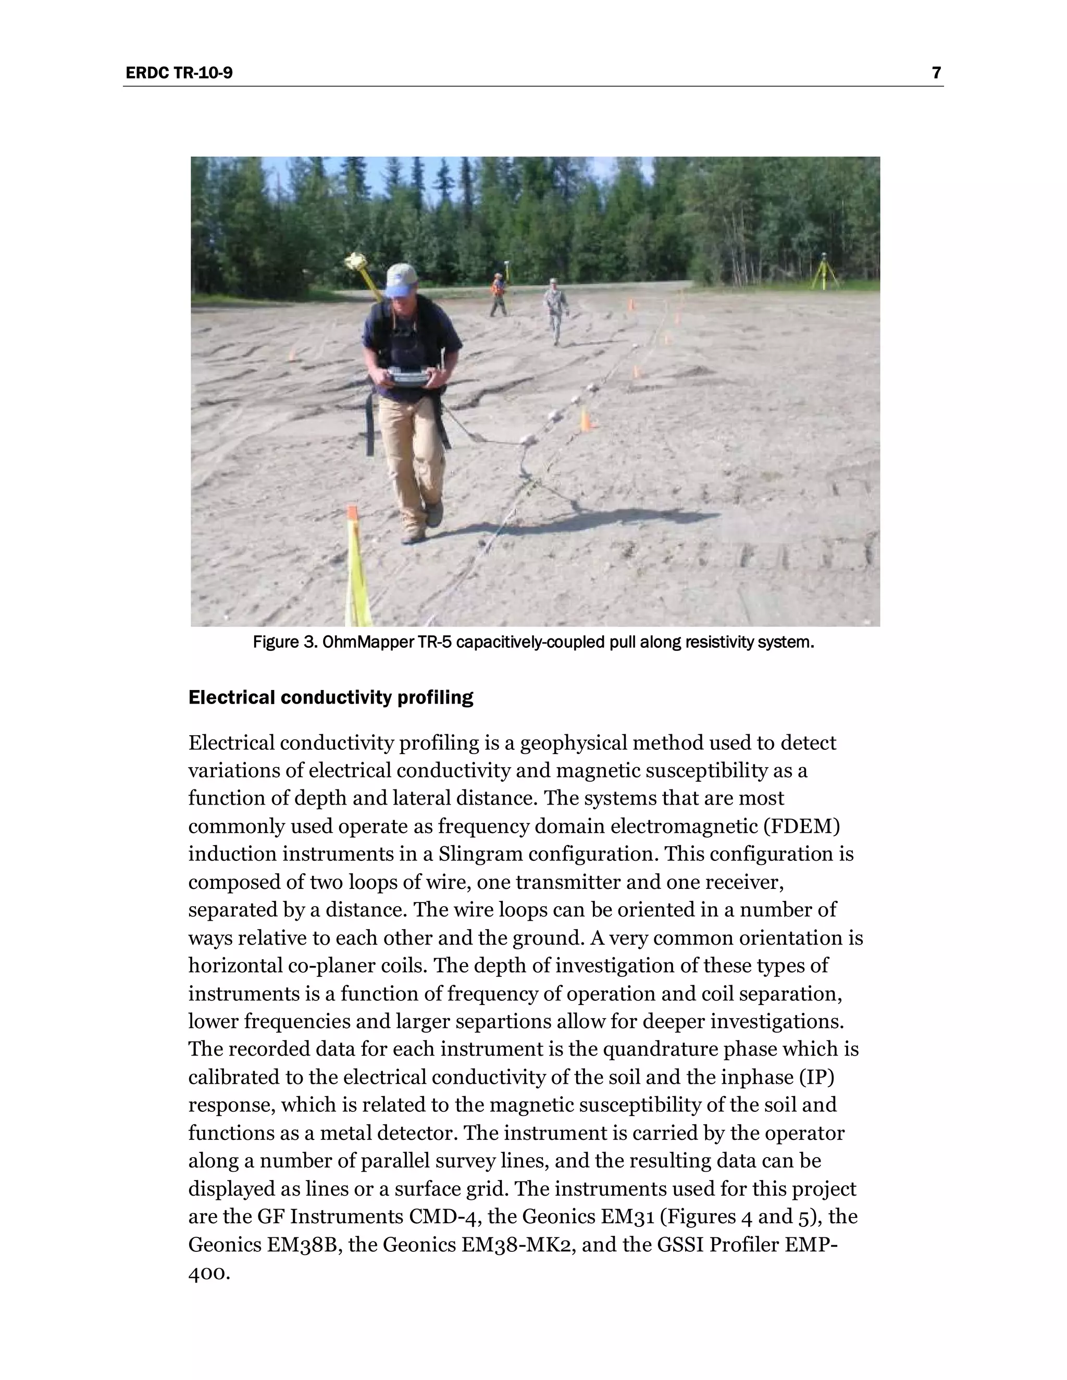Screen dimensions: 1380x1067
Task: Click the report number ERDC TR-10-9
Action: (179, 73)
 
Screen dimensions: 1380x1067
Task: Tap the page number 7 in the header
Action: (936, 73)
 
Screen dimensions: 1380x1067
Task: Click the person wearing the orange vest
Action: (498, 294)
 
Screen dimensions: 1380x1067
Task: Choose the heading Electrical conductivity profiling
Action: (331, 698)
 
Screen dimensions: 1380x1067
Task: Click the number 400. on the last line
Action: (208, 1273)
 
